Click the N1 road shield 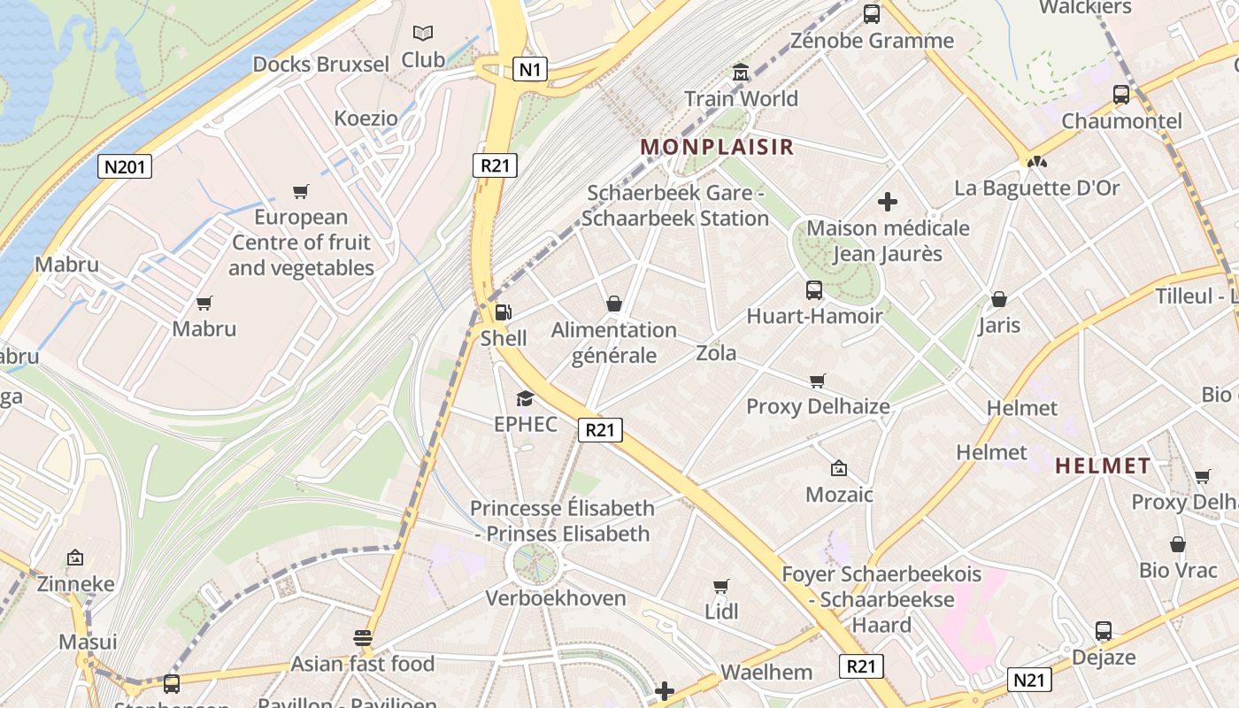pos(529,69)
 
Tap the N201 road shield pos(125,166)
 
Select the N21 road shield pos(1028,680)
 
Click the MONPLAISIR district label pos(717,147)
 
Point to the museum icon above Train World pos(741,72)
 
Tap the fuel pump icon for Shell pos(503,312)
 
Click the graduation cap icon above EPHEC pos(525,398)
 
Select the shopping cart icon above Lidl pos(721,586)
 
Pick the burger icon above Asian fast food pos(362,637)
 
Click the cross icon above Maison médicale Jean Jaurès pos(888,202)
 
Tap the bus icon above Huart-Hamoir pos(813,289)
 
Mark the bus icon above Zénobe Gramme pos(872,13)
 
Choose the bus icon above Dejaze pos(1104,631)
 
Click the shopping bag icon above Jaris pos(999,299)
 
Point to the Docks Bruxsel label pos(320,65)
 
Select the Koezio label pos(366,118)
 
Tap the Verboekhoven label pos(556,598)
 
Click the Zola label pos(716,353)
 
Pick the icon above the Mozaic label pos(838,468)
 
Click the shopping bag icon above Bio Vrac pos(1177,544)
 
